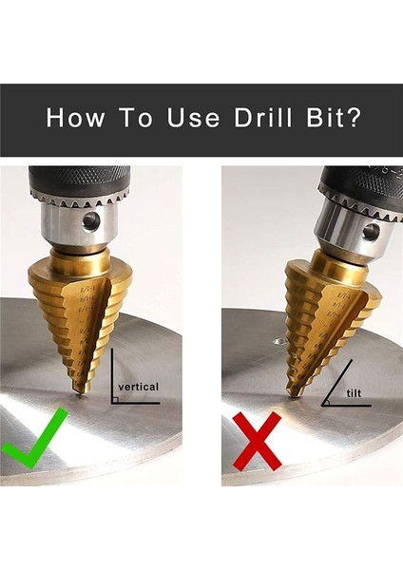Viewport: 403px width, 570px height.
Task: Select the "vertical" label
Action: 138,387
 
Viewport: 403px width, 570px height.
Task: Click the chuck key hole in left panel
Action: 92,221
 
